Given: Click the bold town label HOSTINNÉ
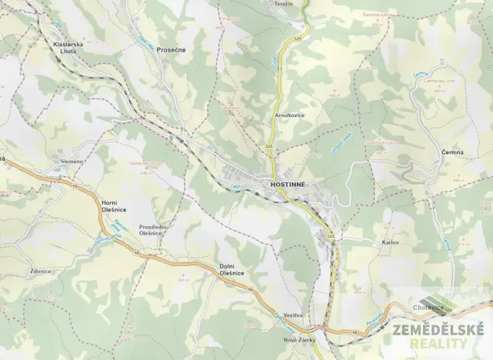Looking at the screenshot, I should (x=288, y=185).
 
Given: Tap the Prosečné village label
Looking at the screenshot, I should (x=171, y=49).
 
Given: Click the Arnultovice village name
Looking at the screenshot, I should (x=289, y=115).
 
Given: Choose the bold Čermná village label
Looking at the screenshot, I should (x=452, y=152).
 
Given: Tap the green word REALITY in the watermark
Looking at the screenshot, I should (x=449, y=344).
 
